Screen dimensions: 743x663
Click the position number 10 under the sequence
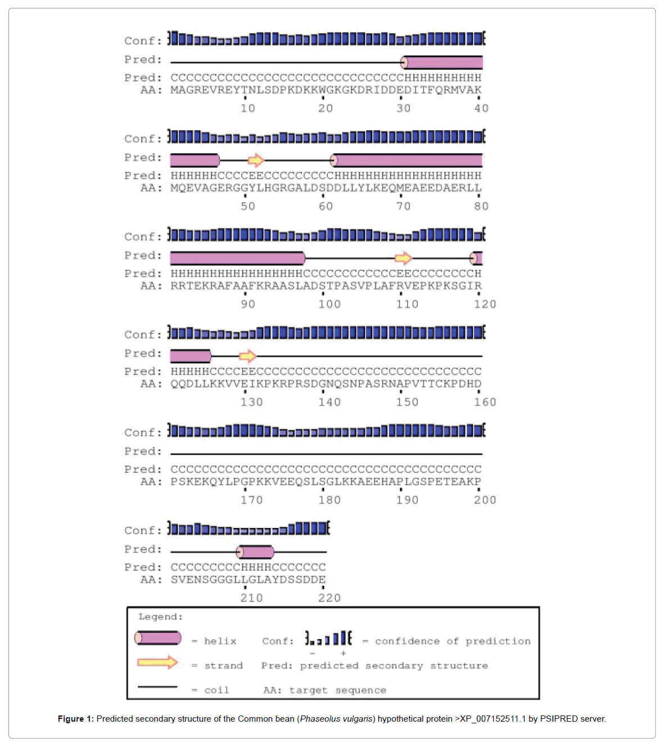247,108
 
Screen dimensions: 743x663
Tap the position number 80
481,206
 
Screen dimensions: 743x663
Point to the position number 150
407,402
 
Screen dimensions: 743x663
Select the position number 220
330,598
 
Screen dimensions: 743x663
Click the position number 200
485,500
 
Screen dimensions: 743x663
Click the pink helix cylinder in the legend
158,638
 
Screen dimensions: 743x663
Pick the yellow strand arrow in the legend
157,663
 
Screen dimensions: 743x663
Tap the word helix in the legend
220,641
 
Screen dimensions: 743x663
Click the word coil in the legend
217,690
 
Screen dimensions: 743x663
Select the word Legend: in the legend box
160,617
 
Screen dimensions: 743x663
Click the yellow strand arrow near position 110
403,258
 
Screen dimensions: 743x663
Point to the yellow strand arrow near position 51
256,161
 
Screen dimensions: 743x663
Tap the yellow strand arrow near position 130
247,356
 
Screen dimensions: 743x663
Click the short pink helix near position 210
255,552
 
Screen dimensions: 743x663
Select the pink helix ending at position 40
443,62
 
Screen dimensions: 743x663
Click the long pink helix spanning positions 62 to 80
407,161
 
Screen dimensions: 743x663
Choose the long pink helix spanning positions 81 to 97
237,258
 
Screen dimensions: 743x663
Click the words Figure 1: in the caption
75,719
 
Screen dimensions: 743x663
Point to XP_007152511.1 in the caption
493,719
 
